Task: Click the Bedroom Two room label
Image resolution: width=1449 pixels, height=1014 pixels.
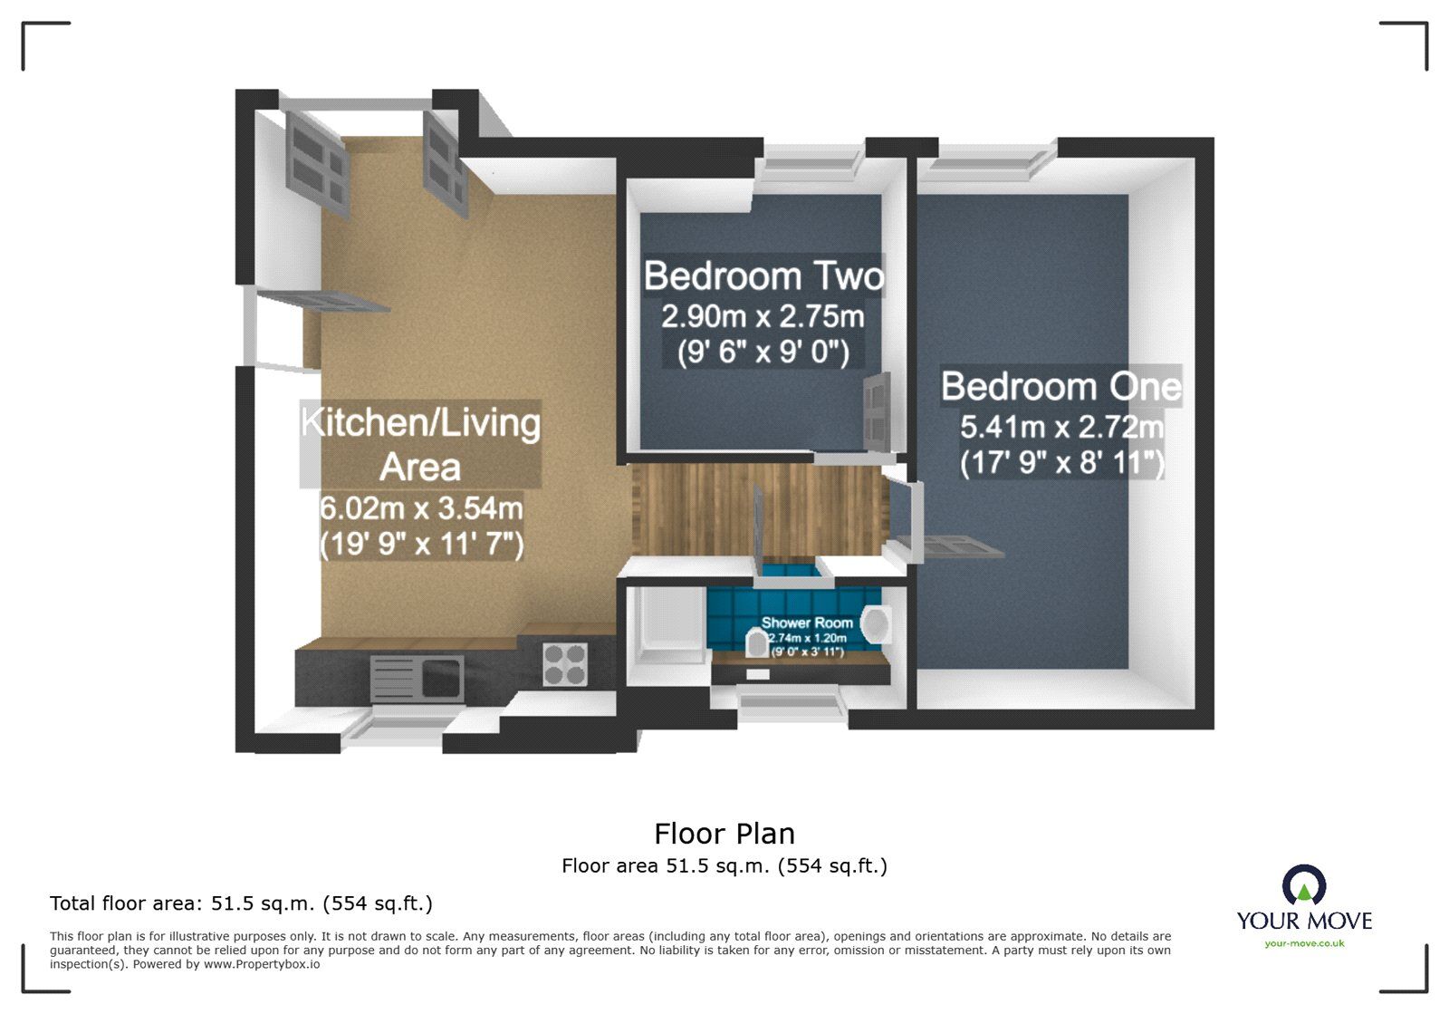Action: click(x=763, y=276)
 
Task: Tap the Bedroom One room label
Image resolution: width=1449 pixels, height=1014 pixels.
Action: click(x=1061, y=387)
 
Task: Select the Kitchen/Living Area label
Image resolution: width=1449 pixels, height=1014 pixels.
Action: click(x=420, y=444)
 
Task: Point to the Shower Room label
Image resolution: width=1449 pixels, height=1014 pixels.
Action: click(x=807, y=623)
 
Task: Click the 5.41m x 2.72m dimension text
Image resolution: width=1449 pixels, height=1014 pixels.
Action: click(x=1061, y=426)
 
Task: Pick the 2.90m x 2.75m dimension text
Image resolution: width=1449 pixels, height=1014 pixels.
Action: click(x=763, y=316)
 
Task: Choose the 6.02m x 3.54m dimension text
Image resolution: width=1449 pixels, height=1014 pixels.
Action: click(x=421, y=507)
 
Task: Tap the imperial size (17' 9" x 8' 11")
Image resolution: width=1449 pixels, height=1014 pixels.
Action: click(x=1061, y=463)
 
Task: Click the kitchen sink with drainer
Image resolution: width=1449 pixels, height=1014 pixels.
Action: click(x=417, y=679)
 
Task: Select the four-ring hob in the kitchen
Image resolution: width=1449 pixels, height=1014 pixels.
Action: click(x=565, y=664)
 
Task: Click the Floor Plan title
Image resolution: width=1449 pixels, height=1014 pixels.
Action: click(x=724, y=834)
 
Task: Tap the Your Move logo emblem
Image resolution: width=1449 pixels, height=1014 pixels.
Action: click(x=1304, y=885)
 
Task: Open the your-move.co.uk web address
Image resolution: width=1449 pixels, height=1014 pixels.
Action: click(x=1304, y=943)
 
